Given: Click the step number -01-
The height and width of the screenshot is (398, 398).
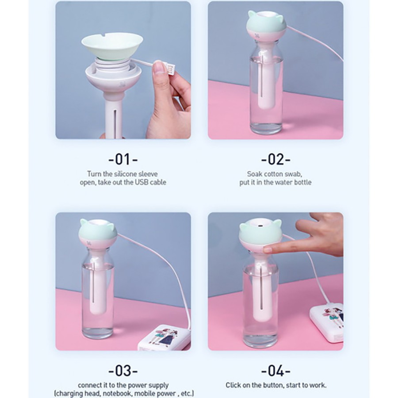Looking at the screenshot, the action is (123, 159).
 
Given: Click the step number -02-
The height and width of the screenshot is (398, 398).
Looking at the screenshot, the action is (276, 159).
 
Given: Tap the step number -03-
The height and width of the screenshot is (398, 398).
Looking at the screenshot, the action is (123, 371).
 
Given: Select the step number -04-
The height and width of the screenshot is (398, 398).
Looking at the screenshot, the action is (276, 371).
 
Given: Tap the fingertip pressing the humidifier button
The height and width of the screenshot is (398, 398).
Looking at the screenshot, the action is (267, 250).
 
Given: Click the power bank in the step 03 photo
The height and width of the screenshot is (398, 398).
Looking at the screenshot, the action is (164, 338).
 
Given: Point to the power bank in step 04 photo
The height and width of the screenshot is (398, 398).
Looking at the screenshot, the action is (327, 322).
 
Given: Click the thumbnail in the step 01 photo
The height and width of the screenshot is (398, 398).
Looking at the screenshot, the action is (159, 67).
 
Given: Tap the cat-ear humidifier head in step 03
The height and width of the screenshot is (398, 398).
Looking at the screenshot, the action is (98, 232).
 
